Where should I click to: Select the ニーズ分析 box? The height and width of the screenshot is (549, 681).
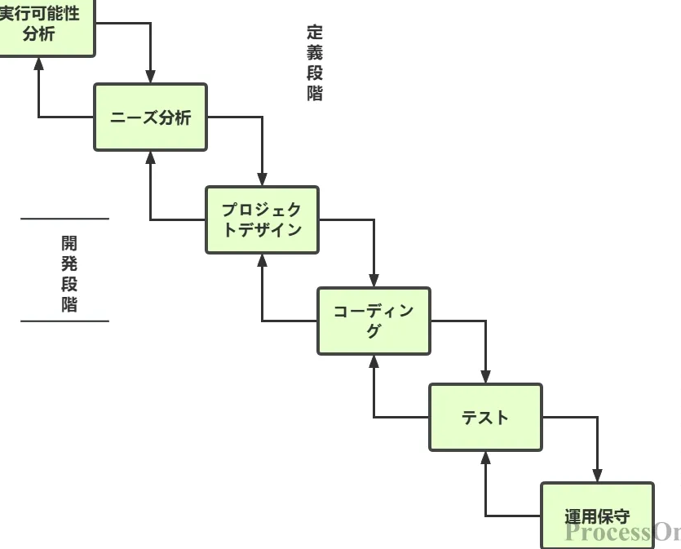(x=150, y=117)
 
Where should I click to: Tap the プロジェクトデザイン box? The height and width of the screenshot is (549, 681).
(x=262, y=219)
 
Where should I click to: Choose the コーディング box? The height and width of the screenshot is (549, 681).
(x=374, y=321)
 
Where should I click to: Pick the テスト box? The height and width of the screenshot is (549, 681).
(x=485, y=417)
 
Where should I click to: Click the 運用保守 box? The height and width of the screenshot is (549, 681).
(x=597, y=516)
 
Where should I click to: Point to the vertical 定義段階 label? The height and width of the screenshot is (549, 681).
(x=315, y=63)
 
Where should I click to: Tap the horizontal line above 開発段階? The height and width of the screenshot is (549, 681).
(x=64, y=219)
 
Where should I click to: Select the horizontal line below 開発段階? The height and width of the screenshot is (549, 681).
(x=64, y=321)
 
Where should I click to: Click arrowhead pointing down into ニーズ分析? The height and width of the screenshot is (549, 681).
(x=150, y=77)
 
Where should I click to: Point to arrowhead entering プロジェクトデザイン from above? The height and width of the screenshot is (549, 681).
(x=262, y=180)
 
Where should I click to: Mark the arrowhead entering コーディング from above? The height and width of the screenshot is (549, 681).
(x=374, y=281)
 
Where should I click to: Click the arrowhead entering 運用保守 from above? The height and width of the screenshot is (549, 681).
(x=597, y=476)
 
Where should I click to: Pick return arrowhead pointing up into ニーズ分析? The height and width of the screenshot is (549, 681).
(x=150, y=157)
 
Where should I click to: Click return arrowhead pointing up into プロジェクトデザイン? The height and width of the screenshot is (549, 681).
(x=262, y=259)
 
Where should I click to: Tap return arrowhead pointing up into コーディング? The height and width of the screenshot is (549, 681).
(x=374, y=361)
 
